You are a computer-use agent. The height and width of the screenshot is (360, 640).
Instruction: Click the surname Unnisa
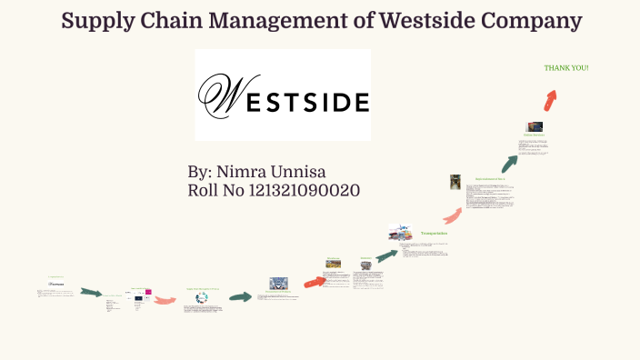320,171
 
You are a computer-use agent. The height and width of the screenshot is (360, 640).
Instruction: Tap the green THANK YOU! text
566,68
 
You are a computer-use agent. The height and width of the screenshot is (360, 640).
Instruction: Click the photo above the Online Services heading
534,127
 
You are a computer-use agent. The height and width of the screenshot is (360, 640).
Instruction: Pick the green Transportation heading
433,234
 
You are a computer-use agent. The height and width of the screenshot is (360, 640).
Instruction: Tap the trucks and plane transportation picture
400,234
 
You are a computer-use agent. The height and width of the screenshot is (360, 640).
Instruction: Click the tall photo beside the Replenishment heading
455,182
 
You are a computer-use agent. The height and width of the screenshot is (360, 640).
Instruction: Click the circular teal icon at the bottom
202,297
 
